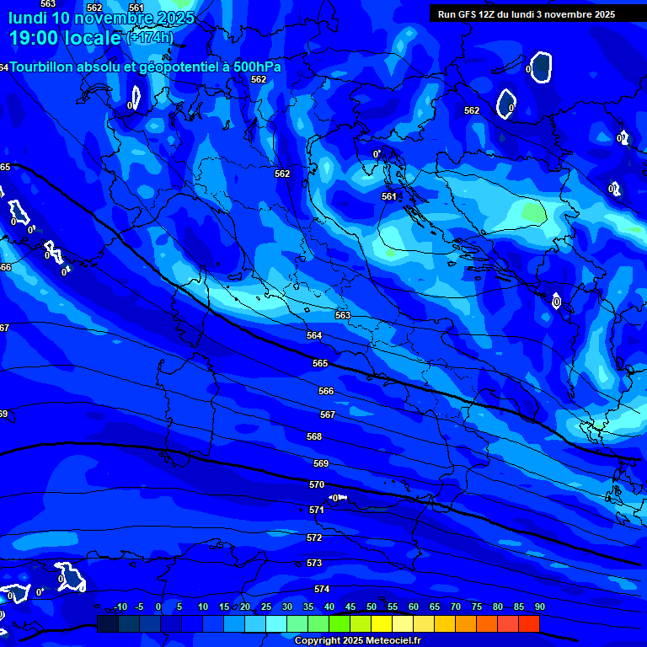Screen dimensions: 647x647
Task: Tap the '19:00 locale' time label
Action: click(65, 37)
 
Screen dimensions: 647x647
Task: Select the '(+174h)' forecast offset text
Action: click(150, 37)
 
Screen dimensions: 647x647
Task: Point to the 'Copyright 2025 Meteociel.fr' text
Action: click(357, 640)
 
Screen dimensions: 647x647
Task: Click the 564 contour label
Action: click(314, 335)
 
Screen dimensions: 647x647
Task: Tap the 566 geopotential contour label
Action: click(326, 391)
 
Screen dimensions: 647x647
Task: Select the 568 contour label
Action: click(314, 436)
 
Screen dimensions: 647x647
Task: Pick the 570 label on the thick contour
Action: click(317, 484)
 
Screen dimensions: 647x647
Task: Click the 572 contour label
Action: click(314, 537)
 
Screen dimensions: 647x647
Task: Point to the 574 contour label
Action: click(322, 589)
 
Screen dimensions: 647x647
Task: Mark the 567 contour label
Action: click(328, 414)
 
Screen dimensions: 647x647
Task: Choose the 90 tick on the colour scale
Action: click(539, 607)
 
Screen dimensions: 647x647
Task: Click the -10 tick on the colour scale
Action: click(120, 607)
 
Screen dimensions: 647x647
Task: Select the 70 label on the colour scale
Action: click(456, 607)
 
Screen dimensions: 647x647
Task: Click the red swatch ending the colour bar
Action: click(528, 623)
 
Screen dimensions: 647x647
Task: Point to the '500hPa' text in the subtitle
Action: click(256, 67)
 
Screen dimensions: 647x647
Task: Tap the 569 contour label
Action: click(321, 464)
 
